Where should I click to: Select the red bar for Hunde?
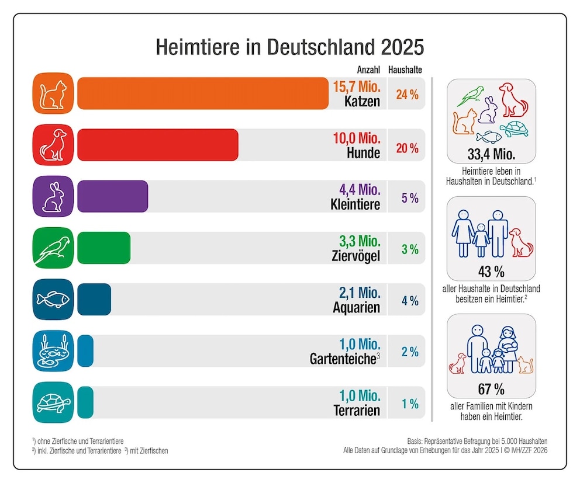(x=157, y=145)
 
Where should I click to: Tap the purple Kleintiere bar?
(x=112, y=196)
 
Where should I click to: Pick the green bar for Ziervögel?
(x=103, y=248)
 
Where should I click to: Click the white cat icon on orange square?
(x=53, y=93)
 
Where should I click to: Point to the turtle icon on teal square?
(x=53, y=402)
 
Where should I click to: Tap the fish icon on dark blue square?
(x=53, y=300)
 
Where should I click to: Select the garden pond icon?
(x=53, y=351)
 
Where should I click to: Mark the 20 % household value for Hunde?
(x=408, y=148)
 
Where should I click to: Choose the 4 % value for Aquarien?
(x=409, y=301)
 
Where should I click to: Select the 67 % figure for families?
(x=491, y=388)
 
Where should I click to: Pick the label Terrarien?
(x=357, y=411)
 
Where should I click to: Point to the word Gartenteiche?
(x=342, y=359)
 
